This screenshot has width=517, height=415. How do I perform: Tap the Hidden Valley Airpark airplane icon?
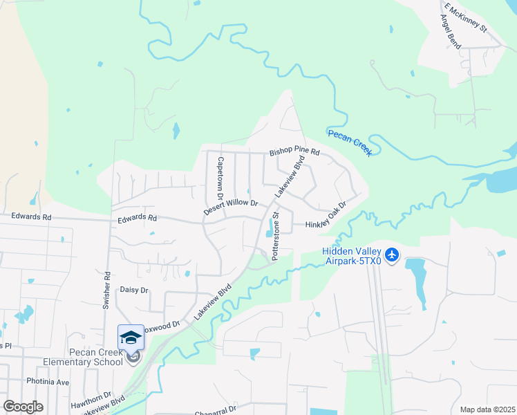(392, 255)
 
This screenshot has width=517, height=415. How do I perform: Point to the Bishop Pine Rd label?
(295, 151)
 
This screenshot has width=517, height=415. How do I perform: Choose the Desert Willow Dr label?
(230, 207)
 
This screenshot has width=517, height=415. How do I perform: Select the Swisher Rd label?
(107, 294)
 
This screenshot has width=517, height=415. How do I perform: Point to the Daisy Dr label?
(134, 290)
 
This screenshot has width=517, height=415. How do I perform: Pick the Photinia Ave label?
(48, 382)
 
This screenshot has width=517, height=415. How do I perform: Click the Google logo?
(23, 407)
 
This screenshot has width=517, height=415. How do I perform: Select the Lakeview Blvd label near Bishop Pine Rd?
(291, 177)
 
